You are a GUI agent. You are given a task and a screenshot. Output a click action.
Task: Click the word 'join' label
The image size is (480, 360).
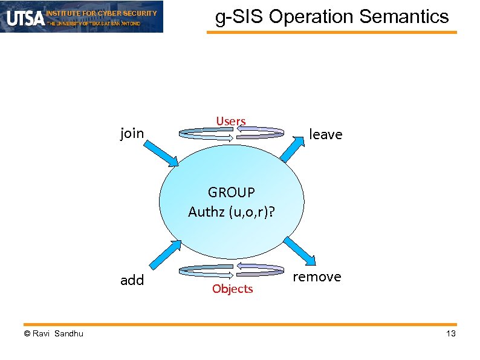pos(132,133)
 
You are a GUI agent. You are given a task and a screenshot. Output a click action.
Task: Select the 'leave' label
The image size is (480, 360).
pos(325,134)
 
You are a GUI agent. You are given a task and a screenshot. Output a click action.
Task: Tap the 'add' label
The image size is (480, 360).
pos(132,280)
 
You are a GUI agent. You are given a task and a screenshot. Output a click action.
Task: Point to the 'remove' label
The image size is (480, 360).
pos(317,277)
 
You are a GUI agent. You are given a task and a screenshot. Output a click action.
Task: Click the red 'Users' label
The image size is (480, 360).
pos(231,122)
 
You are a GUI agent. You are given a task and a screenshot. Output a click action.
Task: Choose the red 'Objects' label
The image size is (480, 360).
pos(232,289)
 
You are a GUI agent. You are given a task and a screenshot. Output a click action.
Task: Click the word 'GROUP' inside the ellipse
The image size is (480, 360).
pos(232,192)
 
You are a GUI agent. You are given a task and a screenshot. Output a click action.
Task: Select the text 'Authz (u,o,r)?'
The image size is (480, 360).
pos(232,212)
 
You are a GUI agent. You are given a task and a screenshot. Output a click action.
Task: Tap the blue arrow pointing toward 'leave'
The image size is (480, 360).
pos(293,148)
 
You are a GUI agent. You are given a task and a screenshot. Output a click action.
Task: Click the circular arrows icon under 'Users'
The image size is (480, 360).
pos(232,134)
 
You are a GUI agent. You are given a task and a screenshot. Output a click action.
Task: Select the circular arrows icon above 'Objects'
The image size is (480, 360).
pos(232,270)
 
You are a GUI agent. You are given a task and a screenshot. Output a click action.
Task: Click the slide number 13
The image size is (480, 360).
pos(450,334)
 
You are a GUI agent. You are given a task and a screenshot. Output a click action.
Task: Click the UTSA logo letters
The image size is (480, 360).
pos(25,18)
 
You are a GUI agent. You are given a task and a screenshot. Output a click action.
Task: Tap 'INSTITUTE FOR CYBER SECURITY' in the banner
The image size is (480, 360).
pos(102,13)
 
